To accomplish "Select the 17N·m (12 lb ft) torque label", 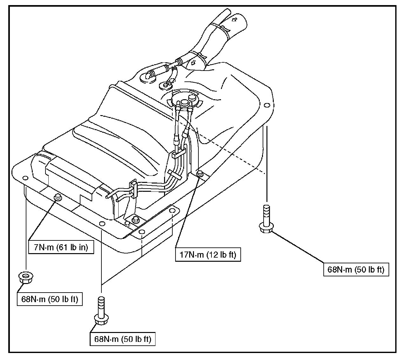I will tap(208, 255).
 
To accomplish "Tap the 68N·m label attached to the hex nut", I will tap(50, 299).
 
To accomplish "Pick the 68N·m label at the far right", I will tap(356, 270).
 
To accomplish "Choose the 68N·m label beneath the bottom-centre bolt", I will tap(122, 339).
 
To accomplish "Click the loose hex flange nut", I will tap(24, 278).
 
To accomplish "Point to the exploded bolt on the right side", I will tap(266, 220).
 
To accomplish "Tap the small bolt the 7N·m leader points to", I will tap(58, 197).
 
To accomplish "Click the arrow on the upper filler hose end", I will tap(235, 20).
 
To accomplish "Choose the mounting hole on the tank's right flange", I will tap(266, 105).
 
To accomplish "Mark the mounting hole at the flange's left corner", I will tap(25, 177).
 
